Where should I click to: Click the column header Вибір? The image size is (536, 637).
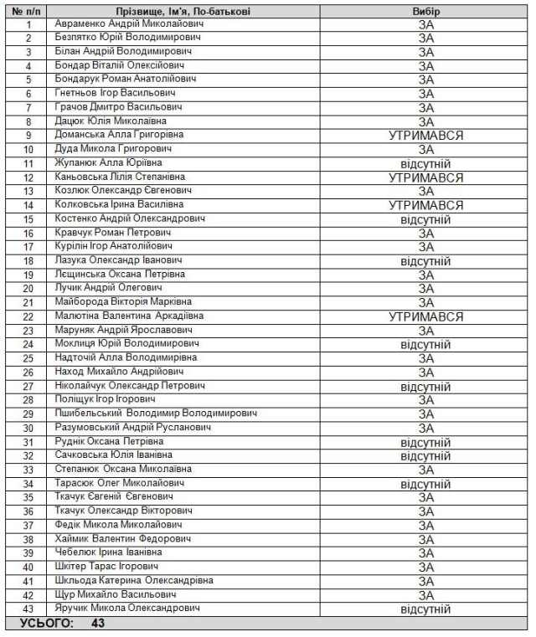point(425,12)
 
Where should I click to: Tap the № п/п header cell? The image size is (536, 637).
point(28,12)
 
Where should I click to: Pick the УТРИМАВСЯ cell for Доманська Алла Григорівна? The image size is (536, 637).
point(425,136)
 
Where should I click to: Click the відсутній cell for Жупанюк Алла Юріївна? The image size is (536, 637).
point(425,164)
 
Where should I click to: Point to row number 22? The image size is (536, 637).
point(28,316)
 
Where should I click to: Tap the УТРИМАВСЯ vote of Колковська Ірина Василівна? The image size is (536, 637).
point(425,205)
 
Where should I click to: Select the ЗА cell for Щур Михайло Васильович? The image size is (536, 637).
point(425,595)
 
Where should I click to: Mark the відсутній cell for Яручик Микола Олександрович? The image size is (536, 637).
point(425,609)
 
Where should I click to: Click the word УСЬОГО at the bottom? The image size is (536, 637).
point(47,624)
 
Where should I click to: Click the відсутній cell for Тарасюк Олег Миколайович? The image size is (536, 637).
point(425,484)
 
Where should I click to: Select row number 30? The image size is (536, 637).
point(28,428)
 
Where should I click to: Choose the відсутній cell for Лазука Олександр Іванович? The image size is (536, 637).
point(425,261)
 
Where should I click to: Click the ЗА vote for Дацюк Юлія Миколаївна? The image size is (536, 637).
point(425,122)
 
